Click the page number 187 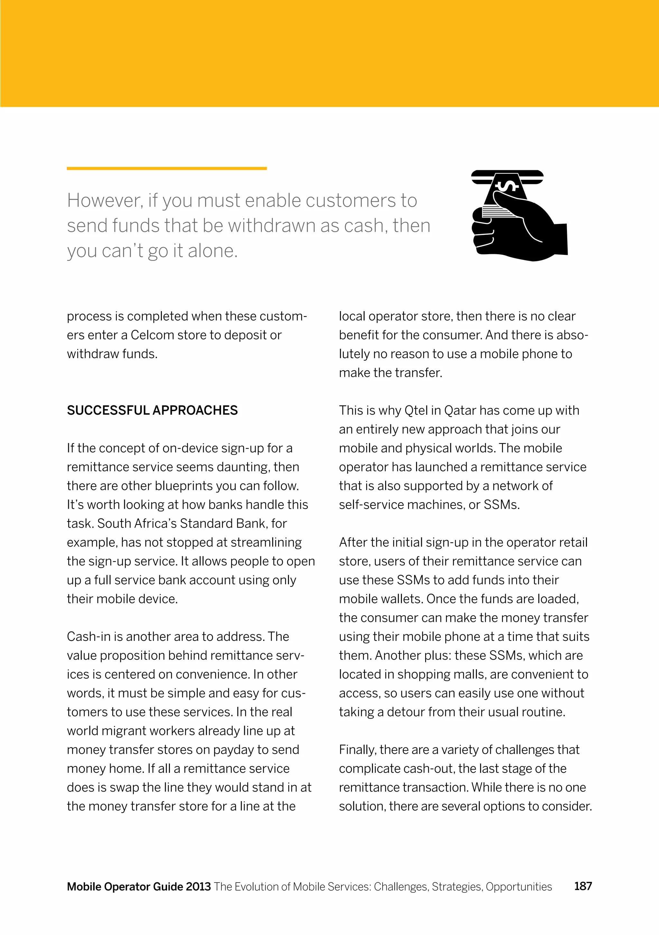tap(583, 886)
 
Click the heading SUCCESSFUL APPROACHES tap(152, 410)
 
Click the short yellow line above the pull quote tap(167, 168)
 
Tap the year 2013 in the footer tap(198, 886)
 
